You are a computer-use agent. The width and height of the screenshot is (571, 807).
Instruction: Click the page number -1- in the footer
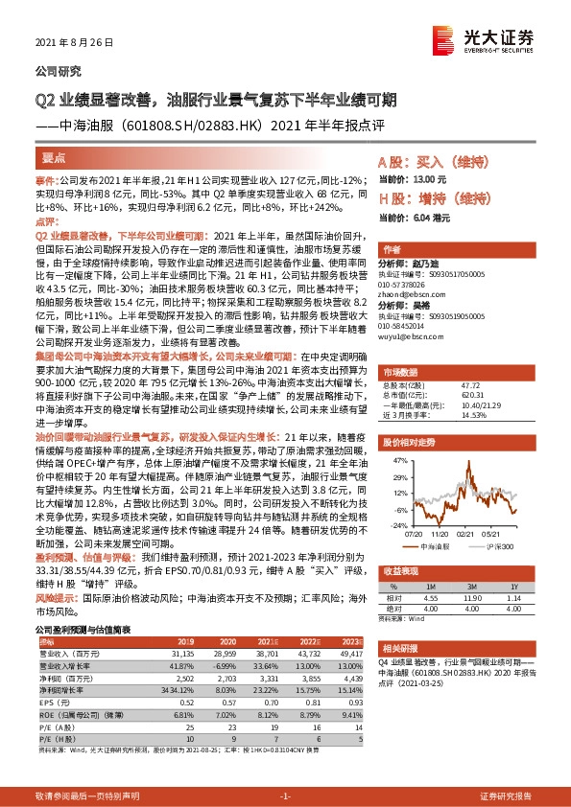click(x=285, y=796)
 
